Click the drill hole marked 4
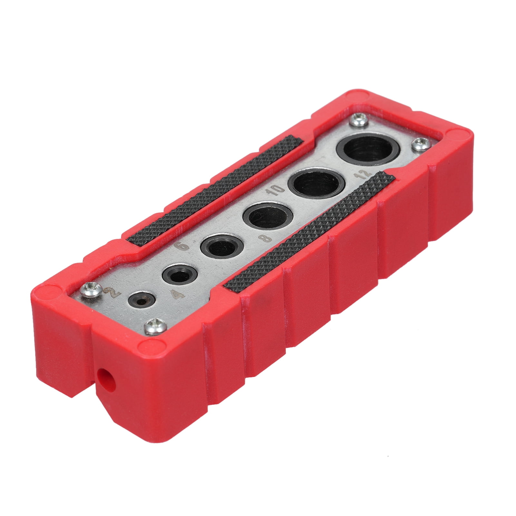coord(177,277)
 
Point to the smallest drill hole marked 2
coord(141,299)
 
